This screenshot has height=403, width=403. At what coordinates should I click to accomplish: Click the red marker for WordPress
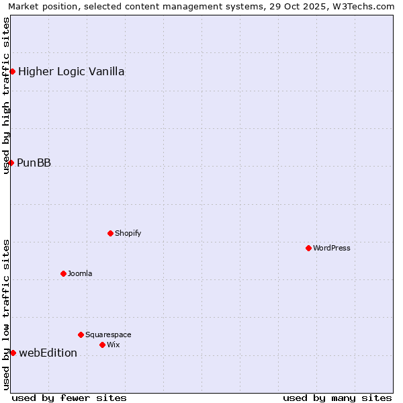308,248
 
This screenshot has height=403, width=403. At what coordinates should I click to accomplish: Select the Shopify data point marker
110,233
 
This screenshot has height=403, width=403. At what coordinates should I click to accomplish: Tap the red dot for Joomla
63,273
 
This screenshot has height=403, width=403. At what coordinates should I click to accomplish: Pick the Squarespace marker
81,334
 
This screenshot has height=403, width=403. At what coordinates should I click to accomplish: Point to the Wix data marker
102,345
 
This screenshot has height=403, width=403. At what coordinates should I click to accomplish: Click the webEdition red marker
13,353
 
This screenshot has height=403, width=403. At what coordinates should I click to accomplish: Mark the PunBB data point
11,163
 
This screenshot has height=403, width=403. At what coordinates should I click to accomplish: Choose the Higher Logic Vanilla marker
12,71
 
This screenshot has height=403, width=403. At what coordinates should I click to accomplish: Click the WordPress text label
332,248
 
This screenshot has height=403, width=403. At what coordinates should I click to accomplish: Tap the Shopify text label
128,233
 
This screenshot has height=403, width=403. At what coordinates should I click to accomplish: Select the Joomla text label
80,273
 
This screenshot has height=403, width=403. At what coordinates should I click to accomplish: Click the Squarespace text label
108,334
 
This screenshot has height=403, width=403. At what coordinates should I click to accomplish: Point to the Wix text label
113,345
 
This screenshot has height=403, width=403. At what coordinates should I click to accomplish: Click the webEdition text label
48,353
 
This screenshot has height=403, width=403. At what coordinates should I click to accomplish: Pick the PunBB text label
34,163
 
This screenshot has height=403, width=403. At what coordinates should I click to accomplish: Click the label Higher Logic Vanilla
71,71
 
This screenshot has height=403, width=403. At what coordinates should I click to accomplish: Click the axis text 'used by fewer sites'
69,398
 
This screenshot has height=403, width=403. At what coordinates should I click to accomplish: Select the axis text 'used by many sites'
337,398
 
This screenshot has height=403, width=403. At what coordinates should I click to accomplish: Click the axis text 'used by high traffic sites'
7,95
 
